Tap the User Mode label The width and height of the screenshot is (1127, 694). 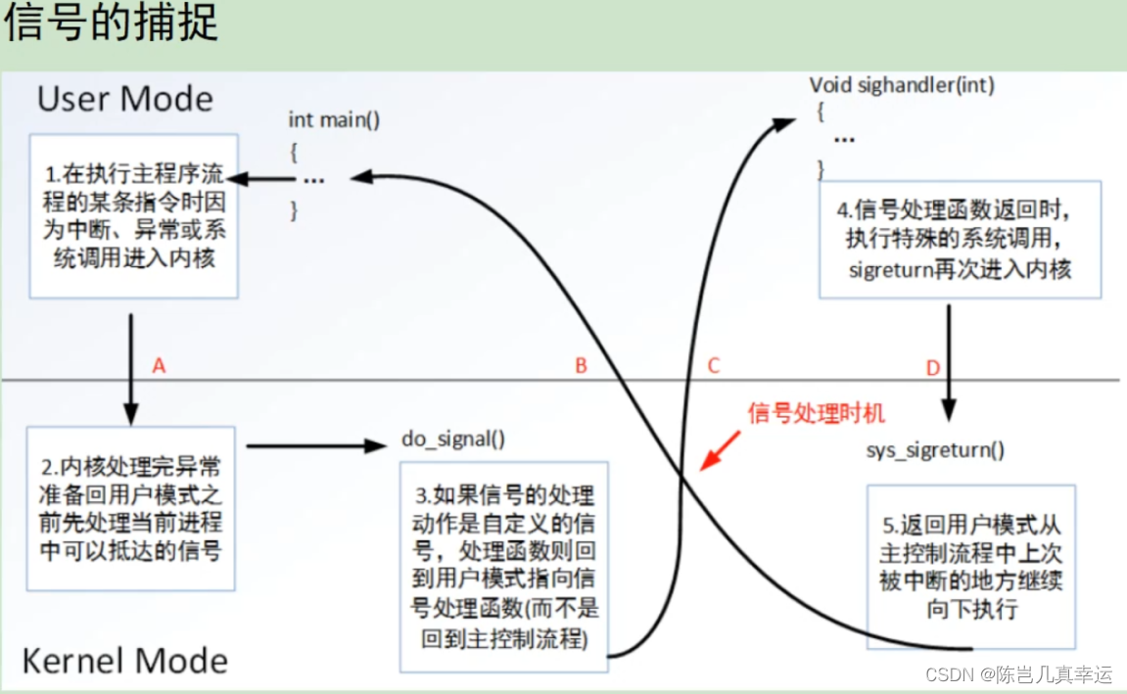[x=124, y=99]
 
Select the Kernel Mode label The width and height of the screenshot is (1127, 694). [x=124, y=661]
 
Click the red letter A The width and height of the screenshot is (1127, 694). [x=160, y=366]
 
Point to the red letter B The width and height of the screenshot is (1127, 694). [x=581, y=366]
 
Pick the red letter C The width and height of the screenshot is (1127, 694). [x=713, y=366]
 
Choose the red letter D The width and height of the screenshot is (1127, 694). [x=932, y=368]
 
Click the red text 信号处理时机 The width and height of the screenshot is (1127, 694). [x=816, y=413]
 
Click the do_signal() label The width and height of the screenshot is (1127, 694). [x=453, y=439]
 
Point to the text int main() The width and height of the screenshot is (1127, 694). [x=334, y=120]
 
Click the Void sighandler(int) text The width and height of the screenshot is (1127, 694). [x=902, y=85]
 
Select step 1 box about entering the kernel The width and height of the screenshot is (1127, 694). [x=133, y=216]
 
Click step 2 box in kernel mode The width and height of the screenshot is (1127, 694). [x=131, y=508]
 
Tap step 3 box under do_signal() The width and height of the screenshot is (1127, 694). [x=503, y=566]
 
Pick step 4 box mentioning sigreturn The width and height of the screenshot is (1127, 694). [x=960, y=239]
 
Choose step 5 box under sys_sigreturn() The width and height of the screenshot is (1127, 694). [x=968, y=568]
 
